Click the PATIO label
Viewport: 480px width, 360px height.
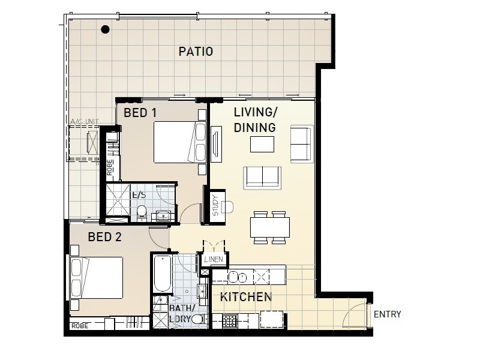click(196, 52)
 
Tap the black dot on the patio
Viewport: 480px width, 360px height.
click(106, 29)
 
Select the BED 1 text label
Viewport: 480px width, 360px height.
click(140, 112)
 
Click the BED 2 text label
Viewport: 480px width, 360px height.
click(104, 237)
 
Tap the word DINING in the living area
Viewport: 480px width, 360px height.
click(254, 127)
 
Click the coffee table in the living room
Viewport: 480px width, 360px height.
click(262, 145)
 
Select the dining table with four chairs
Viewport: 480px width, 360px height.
click(269, 227)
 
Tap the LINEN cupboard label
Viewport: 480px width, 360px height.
click(214, 259)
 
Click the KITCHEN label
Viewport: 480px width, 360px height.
click(245, 297)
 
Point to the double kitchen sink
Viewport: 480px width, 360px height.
click(238, 277)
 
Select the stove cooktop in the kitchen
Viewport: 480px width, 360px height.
click(231, 321)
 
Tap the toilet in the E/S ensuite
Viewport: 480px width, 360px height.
click(142, 212)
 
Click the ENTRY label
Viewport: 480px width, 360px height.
click(387, 314)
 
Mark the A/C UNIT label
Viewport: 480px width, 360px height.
click(84, 122)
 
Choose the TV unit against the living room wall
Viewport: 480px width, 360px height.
click(216, 143)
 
